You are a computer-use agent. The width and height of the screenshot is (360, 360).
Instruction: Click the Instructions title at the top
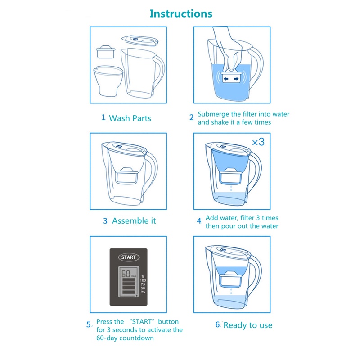coord(181,14)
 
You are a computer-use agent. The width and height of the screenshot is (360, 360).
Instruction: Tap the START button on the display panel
coord(129,257)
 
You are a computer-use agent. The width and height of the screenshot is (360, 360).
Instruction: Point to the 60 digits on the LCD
coord(126,274)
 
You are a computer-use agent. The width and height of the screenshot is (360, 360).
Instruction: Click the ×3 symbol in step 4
coord(258,142)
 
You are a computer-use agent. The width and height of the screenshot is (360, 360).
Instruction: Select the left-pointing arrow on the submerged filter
coord(226,79)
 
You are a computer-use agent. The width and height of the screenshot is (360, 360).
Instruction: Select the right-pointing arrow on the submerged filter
coord(236,79)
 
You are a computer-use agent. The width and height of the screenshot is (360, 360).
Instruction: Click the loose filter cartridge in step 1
coord(106,52)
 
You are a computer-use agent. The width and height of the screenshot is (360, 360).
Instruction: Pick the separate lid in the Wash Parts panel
coord(140,40)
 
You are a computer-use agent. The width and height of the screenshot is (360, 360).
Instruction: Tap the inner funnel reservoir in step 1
coord(108,81)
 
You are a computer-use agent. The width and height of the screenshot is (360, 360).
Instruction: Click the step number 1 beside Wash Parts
coord(103,117)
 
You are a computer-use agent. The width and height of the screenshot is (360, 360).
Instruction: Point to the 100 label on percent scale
coord(143,280)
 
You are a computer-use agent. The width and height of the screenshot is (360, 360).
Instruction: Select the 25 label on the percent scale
coord(143,292)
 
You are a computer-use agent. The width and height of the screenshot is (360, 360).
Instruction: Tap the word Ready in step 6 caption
coord(235,325)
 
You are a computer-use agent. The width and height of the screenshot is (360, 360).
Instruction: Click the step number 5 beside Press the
coord(89,324)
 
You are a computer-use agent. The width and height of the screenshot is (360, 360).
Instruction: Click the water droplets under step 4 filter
coord(231,188)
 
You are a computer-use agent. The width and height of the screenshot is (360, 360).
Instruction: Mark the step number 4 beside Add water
coord(199,221)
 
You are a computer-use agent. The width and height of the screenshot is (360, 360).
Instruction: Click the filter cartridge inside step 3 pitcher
coord(126,175)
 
